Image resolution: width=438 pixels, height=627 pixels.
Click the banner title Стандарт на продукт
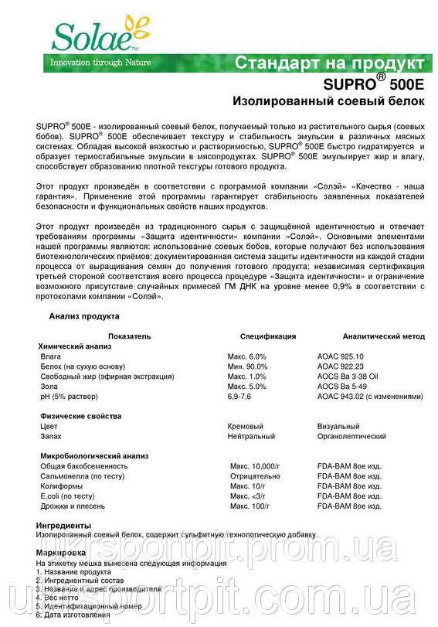[328, 63]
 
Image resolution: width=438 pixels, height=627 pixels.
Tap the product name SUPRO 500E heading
[372, 83]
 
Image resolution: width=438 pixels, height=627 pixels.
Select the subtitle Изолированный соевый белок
[328, 101]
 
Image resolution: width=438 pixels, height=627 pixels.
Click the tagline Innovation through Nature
[100, 63]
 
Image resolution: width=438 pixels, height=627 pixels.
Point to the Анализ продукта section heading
[84, 316]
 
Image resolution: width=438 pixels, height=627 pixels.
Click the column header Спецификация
[268, 336]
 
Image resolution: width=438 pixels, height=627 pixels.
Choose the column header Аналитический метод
[384, 336]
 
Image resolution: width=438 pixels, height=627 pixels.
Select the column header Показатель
[130, 336]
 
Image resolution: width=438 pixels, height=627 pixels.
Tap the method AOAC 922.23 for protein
[340, 366]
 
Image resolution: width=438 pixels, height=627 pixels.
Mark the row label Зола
[49, 386]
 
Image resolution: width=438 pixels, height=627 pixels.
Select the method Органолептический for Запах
[351, 436]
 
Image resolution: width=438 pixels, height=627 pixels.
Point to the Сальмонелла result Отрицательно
[255, 476]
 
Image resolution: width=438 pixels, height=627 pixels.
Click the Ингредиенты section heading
[63, 526]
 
